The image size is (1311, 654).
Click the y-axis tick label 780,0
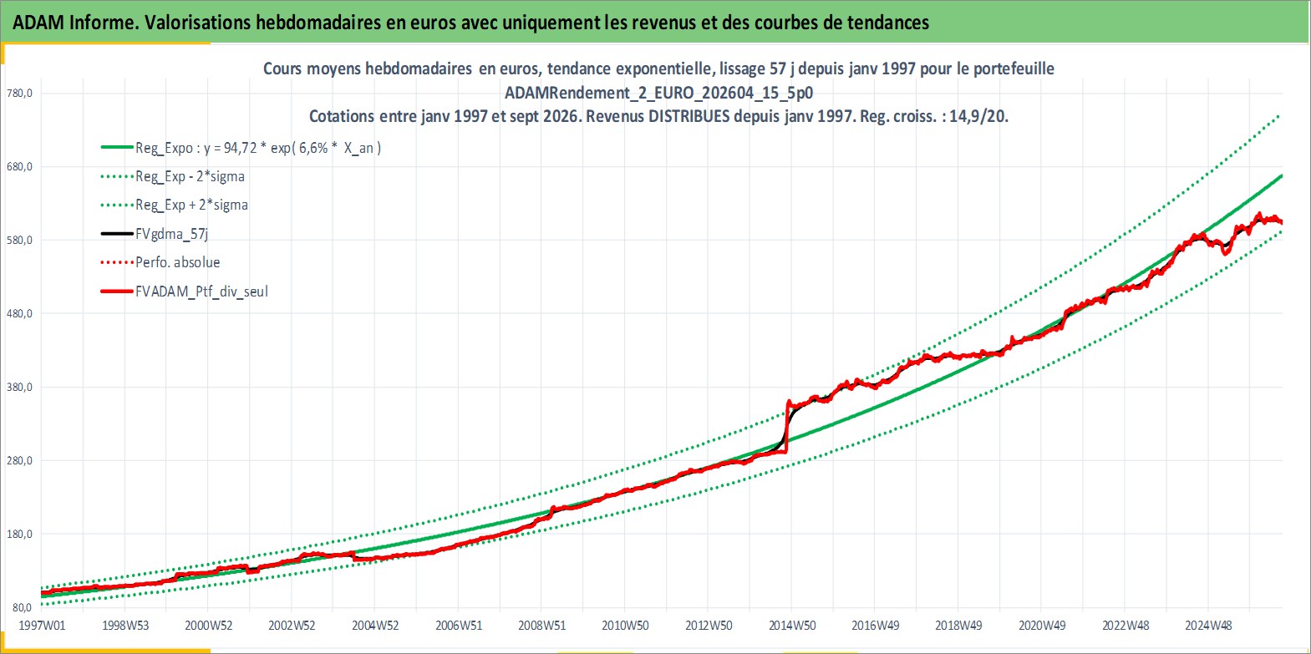tap(19, 93)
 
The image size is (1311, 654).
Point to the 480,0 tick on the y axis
tap(19, 313)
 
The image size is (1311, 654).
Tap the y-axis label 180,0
tap(19, 534)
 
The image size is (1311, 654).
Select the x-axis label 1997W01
tap(42, 626)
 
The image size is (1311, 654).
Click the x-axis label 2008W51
tap(542, 626)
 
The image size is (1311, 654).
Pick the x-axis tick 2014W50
tap(792, 626)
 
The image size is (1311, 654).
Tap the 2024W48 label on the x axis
tap(1208, 626)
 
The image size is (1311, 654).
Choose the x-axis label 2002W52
tap(292, 626)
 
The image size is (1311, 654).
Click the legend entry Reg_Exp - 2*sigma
tap(191, 176)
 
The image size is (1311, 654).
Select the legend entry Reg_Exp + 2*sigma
tap(192, 205)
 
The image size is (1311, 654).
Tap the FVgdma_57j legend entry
tap(171, 234)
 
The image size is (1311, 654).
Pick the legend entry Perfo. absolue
tap(178, 262)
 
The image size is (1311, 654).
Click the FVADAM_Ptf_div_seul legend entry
tap(202, 292)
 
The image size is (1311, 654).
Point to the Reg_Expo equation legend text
tap(258, 148)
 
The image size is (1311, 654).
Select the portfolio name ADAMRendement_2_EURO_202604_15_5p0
tap(659, 93)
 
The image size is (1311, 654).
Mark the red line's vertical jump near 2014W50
tap(786, 427)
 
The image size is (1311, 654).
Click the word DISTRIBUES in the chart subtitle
tap(689, 116)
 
